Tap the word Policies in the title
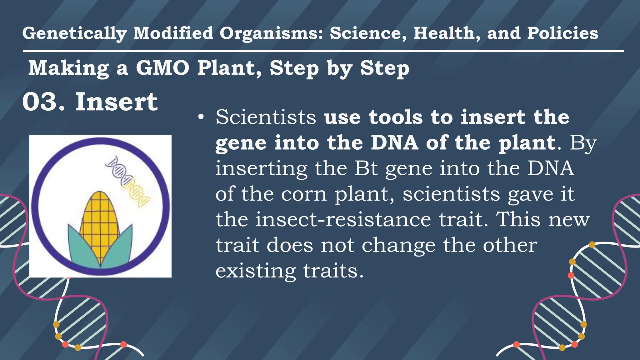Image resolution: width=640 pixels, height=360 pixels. [562, 33]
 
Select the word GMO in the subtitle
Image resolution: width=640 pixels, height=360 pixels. [162, 68]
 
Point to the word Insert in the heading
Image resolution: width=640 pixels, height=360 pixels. [117, 102]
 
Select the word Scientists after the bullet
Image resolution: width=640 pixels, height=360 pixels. [266, 117]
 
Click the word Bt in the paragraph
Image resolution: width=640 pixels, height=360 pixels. [366, 168]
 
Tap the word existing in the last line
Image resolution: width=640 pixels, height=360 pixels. [256, 271]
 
